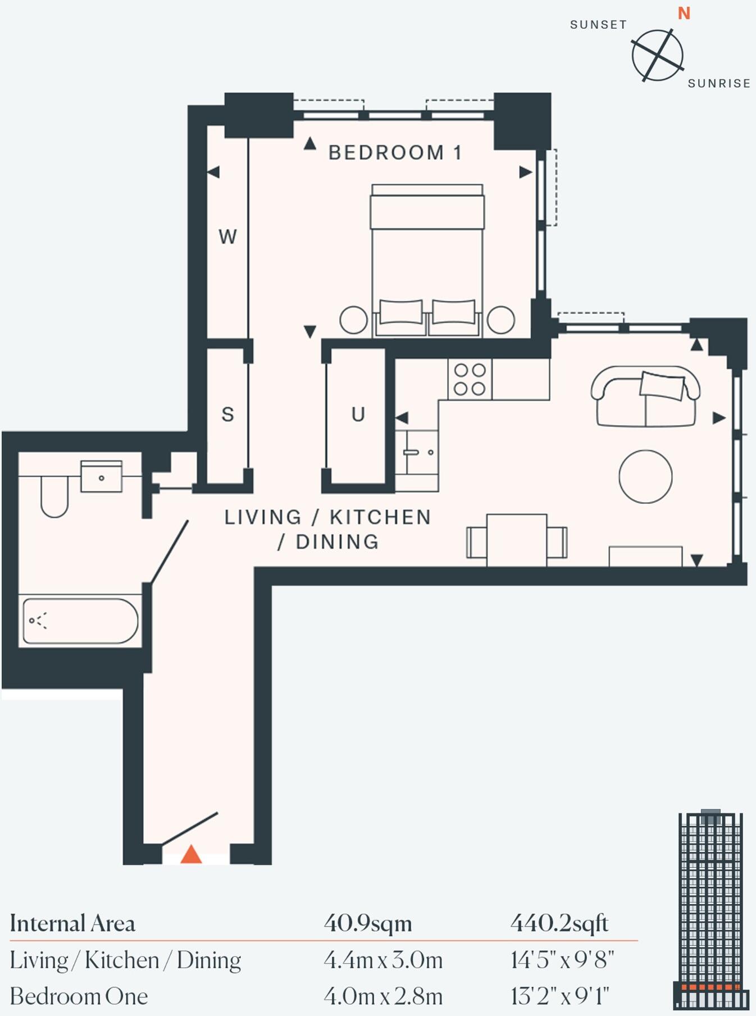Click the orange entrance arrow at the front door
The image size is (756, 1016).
(x=191, y=854)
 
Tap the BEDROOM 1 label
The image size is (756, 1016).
(x=395, y=153)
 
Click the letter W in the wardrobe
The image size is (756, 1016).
(x=227, y=236)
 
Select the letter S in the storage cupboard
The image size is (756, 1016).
(x=227, y=414)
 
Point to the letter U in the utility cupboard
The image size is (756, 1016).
(x=358, y=414)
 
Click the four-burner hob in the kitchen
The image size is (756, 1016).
(x=470, y=379)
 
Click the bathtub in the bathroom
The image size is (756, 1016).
(x=80, y=621)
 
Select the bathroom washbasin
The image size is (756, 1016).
(x=101, y=477)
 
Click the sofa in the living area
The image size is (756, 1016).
(x=645, y=397)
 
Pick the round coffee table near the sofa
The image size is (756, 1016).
(x=645, y=476)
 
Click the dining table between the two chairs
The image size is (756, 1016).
(x=516, y=540)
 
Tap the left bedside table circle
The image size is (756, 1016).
(x=354, y=320)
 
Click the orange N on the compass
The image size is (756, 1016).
(x=684, y=13)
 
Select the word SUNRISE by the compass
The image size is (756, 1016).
(x=719, y=83)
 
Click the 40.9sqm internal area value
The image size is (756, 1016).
(x=368, y=923)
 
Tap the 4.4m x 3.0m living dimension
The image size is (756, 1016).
(x=383, y=960)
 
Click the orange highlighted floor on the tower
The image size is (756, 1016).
(x=711, y=986)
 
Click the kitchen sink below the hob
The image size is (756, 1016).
(x=417, y=453)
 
